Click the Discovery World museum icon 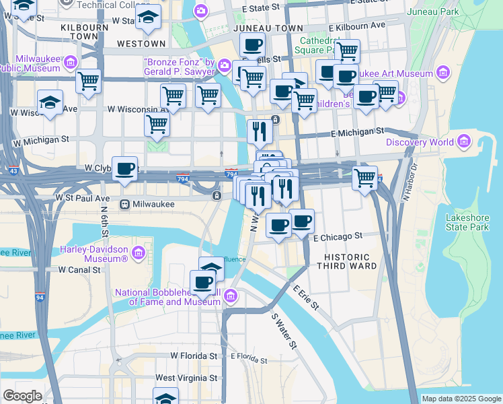point(463,142)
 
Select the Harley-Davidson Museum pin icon point(139,253)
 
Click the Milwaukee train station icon point(124,204)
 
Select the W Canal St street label point(79,269)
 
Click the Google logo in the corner point(22,396)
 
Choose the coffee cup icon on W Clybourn point(124,169)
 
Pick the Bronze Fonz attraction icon point(224,67)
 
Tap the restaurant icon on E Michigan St point(260,131)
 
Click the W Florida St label point(194,356)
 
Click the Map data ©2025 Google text point(461,399)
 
